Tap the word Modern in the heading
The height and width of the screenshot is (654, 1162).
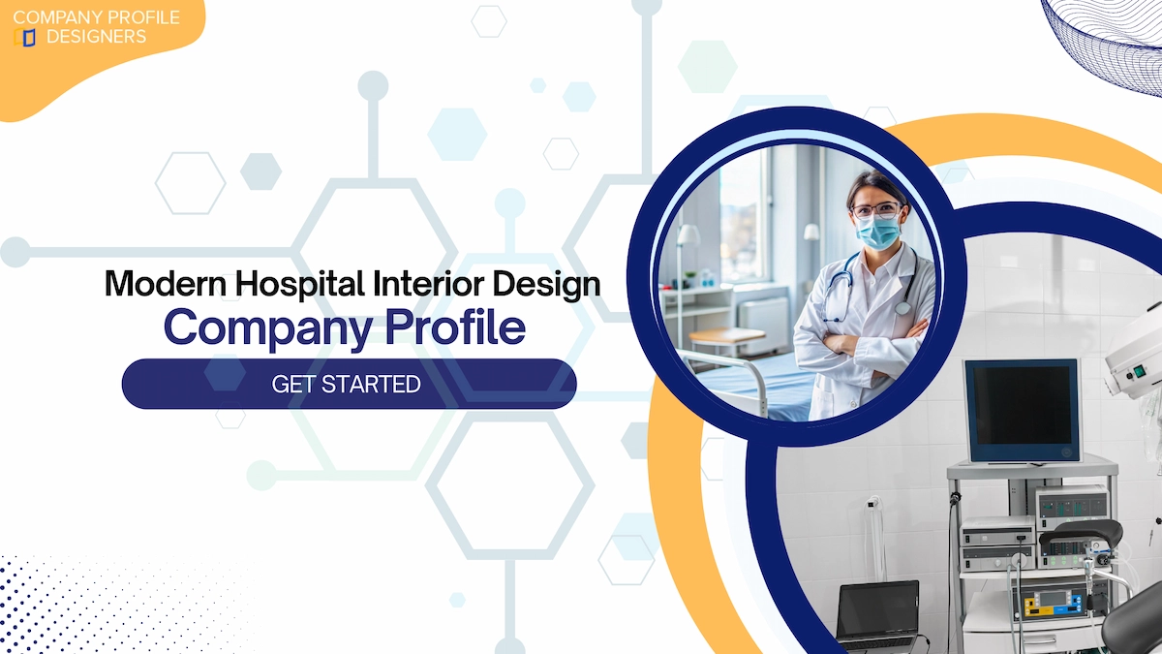[156, 284]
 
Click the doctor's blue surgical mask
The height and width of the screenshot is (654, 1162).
[878, 232]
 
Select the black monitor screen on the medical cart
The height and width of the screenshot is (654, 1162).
[1022, 410]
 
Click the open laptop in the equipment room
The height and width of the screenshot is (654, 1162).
[878, 612]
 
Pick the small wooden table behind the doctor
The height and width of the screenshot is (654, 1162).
[726, 337]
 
